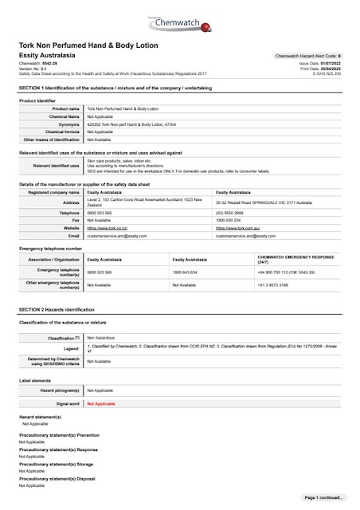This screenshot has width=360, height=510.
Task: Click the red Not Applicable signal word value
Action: (101, 404)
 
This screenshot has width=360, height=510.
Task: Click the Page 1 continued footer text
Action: (323, 496)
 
